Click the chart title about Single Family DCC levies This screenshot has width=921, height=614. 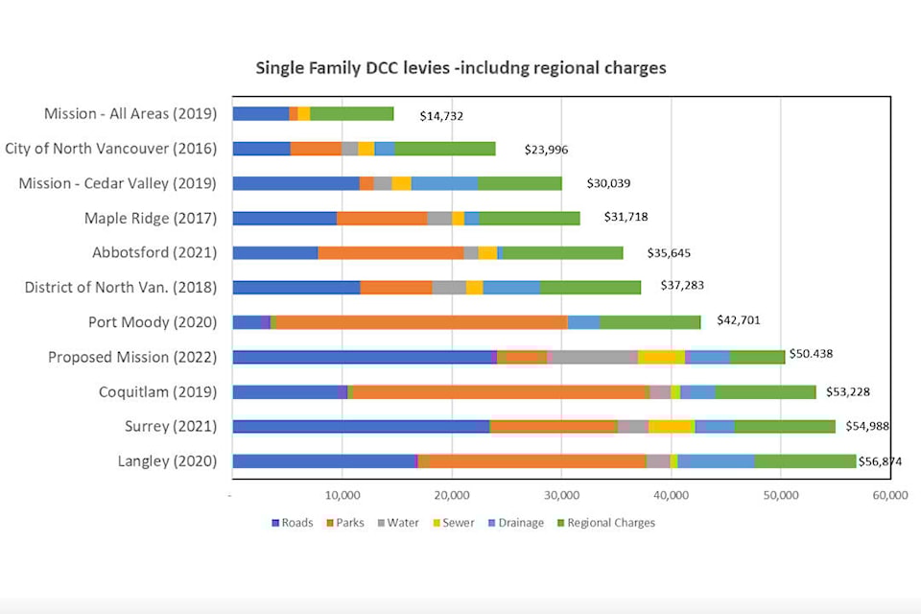point(460,68)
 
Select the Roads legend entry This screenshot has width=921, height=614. point(293,523)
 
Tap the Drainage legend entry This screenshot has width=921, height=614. point(517,523)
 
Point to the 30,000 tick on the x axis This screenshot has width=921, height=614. point(561,495)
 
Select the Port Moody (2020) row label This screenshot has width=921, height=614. point(153,321)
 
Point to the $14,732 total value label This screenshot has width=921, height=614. point(441,115)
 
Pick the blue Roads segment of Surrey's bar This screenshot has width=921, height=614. point(361,426)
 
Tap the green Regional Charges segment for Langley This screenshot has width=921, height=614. point(805,460)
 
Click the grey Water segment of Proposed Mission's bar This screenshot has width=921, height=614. point(592,357)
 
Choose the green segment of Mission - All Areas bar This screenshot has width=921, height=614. point(351,113)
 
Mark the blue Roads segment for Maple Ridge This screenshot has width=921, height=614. point(285,218)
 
